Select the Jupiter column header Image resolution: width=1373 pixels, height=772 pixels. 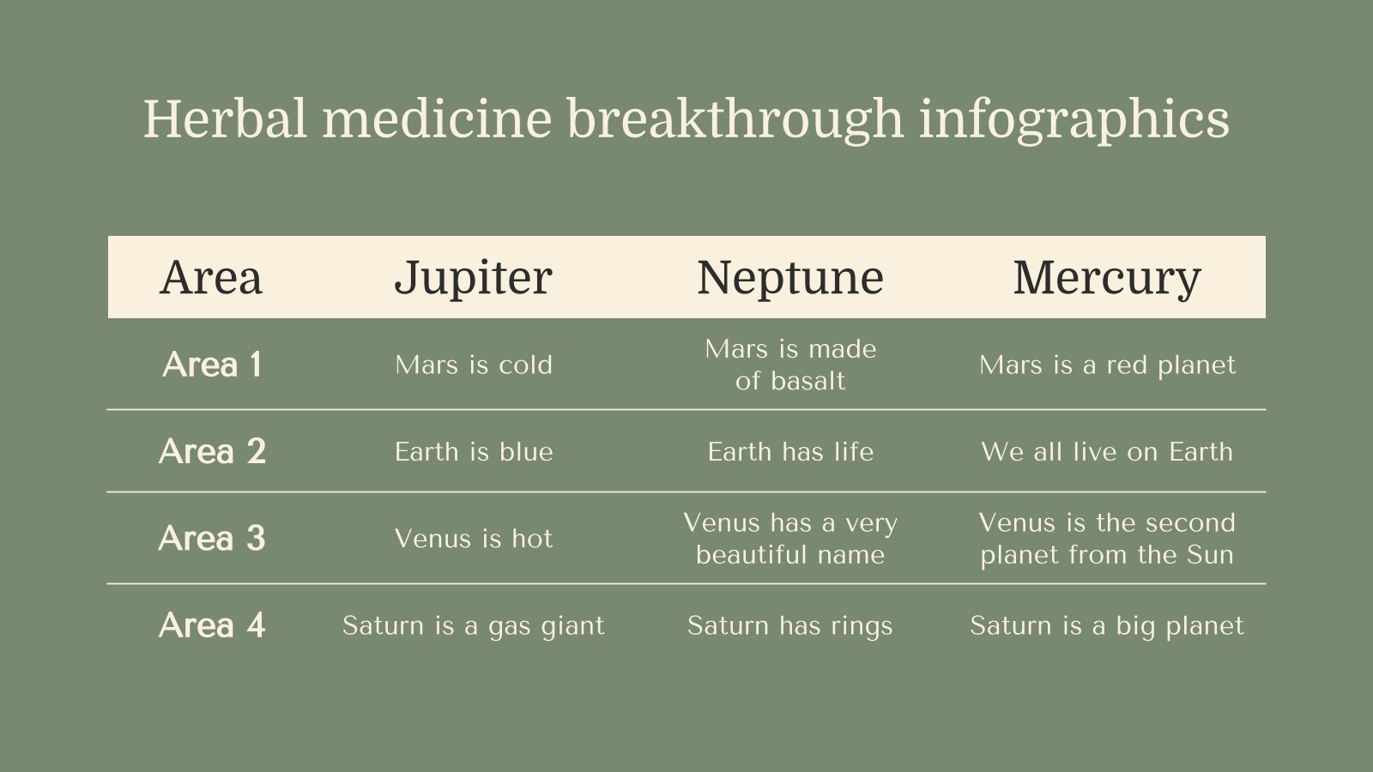pyautogui.click(x=473, y=278)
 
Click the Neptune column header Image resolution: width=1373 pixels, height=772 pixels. pyautogui.click(x=790, y=278)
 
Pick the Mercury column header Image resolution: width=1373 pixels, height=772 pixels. pyautogui.click(x=1107, y=278)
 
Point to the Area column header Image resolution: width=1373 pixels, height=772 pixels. pyautogui.click(x=211, y=278)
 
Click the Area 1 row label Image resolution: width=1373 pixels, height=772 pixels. pyautogui.click(x=212, y=365)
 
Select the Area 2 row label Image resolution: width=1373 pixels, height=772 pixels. pyautogui.click(x=212, y=451)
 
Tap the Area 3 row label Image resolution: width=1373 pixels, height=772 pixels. pyautogui.click(x=212, y=539)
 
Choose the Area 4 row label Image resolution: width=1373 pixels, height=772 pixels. pyautogui.click(x=212, y=625)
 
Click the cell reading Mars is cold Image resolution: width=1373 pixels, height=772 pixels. pyautogui.click(x=474, y=365)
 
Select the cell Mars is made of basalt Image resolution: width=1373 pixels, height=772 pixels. pyautogui.click(x=790, y=365)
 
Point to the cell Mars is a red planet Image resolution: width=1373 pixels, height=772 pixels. pyautogui.click(x=1107, y=365)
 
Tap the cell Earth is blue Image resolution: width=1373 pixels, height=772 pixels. pyautogui.click(x=474, y=452)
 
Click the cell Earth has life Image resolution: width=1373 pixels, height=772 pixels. pyautogui.click(x=790, y=452)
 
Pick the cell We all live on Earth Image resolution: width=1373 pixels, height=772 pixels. pyautogui.click(x=1107, y=452)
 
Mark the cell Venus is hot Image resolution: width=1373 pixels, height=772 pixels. pyautogui.click(x=474, y=539)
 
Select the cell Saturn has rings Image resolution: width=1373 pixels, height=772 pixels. pyautogui.click(x=790, y=626)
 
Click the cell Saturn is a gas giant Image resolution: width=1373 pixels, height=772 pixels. pyautogui.click(x=474, y=626)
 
